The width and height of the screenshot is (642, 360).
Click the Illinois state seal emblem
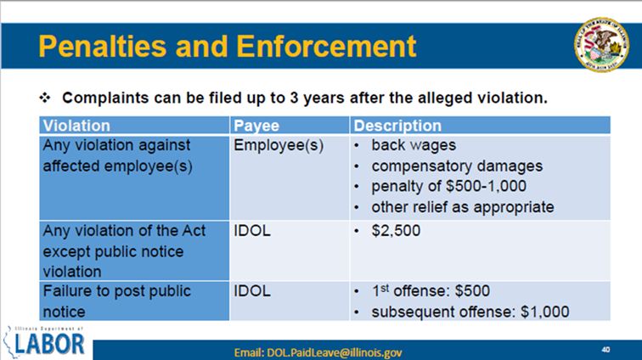[x=601, y=45]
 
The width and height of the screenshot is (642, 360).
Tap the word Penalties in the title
[x=103, y=47]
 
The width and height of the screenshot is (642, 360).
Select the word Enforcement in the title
[x=326, y=47]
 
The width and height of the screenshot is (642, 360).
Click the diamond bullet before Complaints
[x=45, y=98]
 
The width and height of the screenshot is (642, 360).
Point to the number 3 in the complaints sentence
[x=294, y=98]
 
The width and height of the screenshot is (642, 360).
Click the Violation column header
[x=76, y=126]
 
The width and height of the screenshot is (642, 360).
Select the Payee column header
[x=256, y=126]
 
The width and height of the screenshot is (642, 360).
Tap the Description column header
[x=397, y=126]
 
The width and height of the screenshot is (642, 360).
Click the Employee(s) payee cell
[x=279, y=145]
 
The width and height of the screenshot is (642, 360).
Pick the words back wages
[x=414, y=145]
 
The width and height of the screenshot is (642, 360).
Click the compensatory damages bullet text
[x=457, y=166]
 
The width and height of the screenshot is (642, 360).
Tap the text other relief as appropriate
[x=463, y=207]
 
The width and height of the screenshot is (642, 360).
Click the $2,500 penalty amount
[x=396, y=231]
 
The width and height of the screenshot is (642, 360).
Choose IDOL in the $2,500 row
[x=252, y=231]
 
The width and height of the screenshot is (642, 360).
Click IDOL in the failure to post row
[x=252, y=291]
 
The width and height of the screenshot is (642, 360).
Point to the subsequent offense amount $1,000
[x=544, y=312]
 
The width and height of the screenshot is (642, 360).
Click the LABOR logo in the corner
[x=44, y=342]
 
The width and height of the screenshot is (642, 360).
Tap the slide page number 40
[x=606, y=349]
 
